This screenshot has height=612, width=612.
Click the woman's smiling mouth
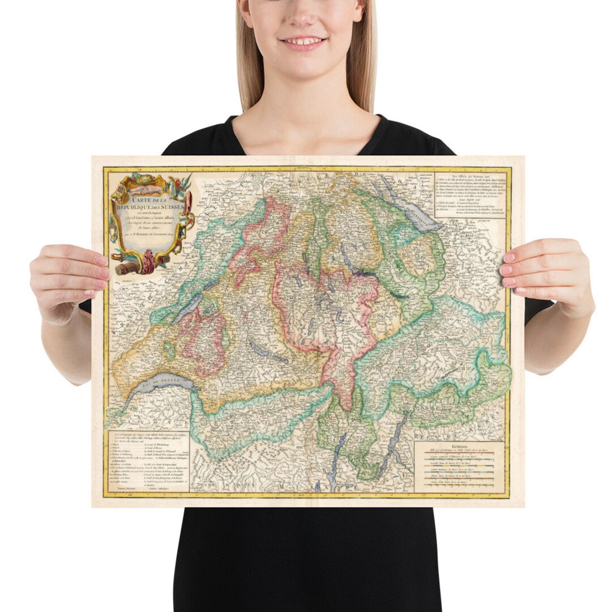click(x=304, y=42)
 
